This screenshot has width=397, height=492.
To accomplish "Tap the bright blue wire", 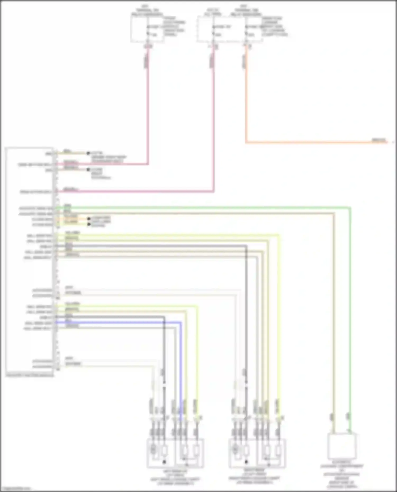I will click(x=119, y=322).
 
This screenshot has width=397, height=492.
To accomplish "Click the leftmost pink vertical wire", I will click(x=148, y=106).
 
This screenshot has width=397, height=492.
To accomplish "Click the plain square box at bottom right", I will click(x=342, y=447).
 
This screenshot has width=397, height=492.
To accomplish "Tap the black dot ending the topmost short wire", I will click(x=88, y=153).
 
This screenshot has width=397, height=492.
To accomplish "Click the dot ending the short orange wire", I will click(x=89, y=219).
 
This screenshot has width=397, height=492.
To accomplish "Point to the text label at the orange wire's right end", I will click(x=379, y=140).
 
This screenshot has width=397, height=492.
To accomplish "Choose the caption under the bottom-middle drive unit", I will click(x=254, y=477).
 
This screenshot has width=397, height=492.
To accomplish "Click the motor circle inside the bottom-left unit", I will click(x=153, y=449).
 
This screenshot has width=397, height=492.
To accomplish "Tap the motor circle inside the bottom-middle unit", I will click(x=235, y=449).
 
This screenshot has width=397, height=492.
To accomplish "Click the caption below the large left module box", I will click(x=30, y=375).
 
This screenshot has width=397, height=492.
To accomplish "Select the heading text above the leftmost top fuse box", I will click(x=147, y=10).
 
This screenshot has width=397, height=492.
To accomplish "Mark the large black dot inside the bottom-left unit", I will click(x=164, y=462).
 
